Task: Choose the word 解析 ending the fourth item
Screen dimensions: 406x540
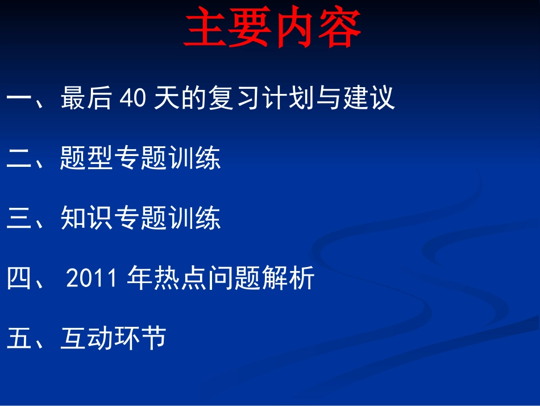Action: (x=288, y=279)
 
